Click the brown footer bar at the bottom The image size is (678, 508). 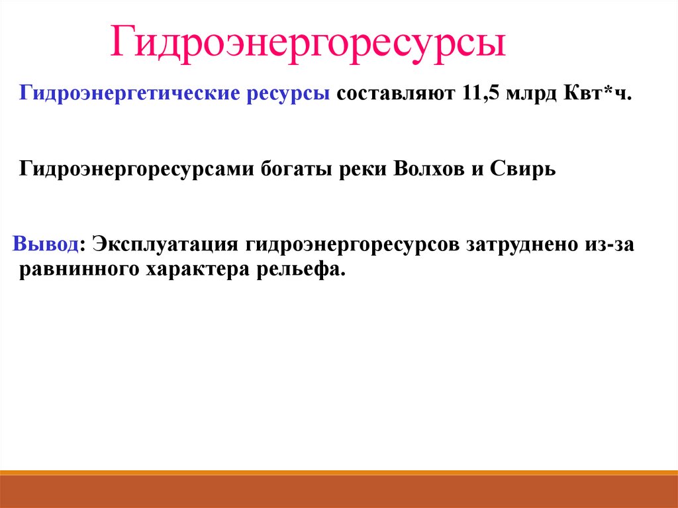click(339, 491)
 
